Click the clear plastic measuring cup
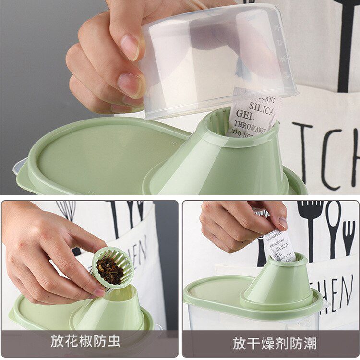point(216,58)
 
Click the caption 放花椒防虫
point(85,341)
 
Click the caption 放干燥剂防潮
point(274,343)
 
